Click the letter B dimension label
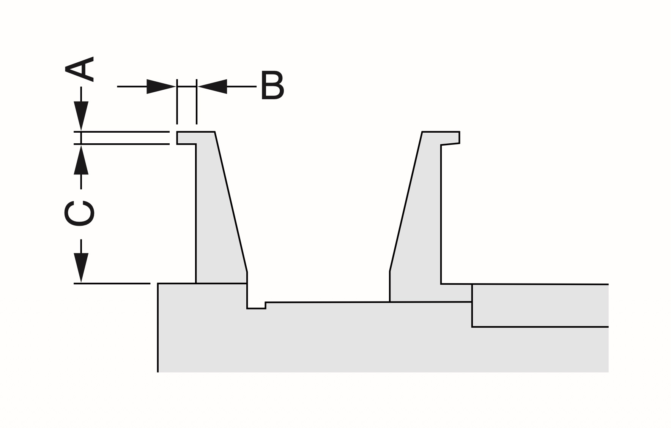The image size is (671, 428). click(x=272, y=86)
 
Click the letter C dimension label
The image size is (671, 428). click(x=79, y=213)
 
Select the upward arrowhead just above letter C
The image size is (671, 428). click(x=81, y=160)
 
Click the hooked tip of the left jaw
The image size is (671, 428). click(x=186, y=138)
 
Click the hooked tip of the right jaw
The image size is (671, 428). click(x=450, y=138)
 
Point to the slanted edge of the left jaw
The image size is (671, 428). click(x=231, y=201)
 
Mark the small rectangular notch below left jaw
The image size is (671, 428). click(x=256, y=305)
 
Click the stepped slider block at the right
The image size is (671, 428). click(x=539, y=305)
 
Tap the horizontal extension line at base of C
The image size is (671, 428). click(x=112, y=283)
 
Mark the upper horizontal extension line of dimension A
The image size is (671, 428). click(x=125, y=132)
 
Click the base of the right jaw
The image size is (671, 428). click(x=429, y=293)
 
